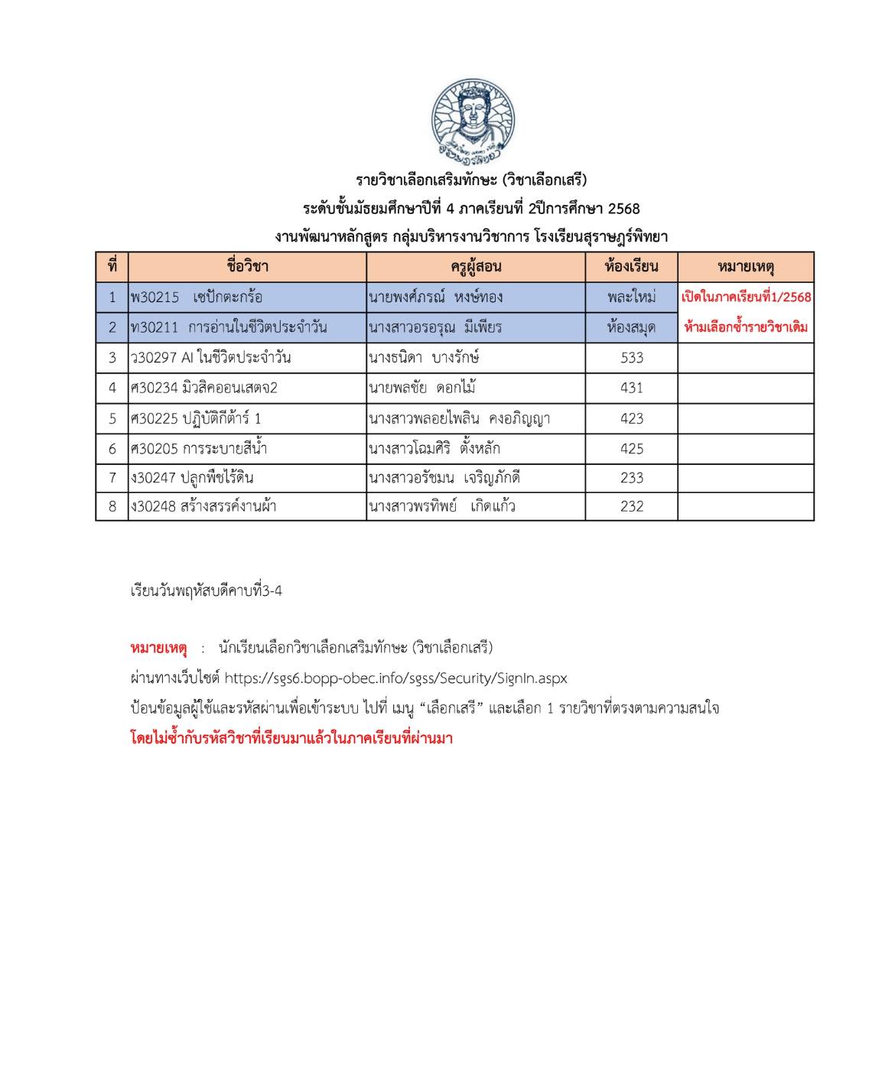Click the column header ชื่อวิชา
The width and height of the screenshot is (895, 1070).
pos(247,267)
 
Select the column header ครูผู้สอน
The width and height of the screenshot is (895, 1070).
pos(476,267)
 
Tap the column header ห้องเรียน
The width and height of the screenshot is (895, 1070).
pos(631,267)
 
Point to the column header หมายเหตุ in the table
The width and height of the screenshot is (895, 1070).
pos(746,267)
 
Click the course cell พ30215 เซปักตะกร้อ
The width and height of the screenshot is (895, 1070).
pos(197,297)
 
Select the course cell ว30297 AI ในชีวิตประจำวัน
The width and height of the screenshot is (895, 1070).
pos(211,357)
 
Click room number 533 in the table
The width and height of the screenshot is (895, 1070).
pos(632,357)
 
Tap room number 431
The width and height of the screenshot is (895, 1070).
pos(632,388)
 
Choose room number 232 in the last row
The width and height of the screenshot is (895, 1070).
pos(632,506)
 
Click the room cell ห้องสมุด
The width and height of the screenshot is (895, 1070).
pos(631,327)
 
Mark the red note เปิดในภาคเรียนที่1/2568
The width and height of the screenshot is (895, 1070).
pos(746,297)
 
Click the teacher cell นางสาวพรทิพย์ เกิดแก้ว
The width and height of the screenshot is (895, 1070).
pos(441,506)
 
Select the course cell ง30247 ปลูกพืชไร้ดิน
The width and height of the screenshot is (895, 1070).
pos(193,478)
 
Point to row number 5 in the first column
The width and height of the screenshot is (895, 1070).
pos(112,418)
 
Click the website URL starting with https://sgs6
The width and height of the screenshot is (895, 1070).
pos(396,678)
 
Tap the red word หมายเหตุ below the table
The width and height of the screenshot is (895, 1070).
pos(158,648)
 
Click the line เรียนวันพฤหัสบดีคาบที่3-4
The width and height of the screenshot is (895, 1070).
pos(207,590)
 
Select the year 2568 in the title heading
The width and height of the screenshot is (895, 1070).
pos(623,208)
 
